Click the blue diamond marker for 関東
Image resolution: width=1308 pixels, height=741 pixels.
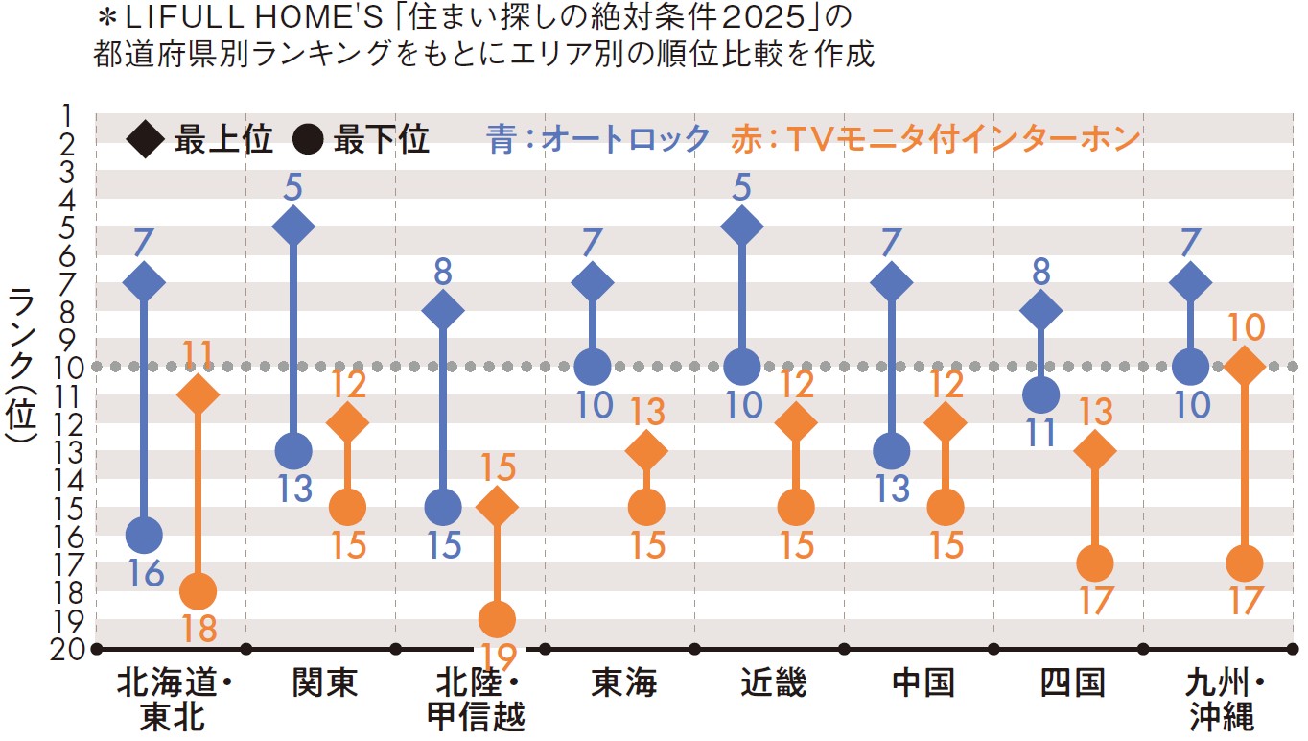(x=293, y=227)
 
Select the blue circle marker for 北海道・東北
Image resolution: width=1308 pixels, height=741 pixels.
(x=144, y=535)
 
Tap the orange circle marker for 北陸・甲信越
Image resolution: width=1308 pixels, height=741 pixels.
(x=497, y=619)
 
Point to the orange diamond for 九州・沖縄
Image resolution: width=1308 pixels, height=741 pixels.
(x=1245, y=366)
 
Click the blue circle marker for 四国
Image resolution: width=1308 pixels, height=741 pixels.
(x=1040, y=394)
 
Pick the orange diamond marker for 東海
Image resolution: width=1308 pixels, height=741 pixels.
(x=646, y=450)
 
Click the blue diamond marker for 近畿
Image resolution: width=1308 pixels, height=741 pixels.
(x=742, y=227)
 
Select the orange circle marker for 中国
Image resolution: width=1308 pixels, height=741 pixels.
(x=946, y=507)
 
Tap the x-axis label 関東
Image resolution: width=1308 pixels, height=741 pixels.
(x=324, y=683)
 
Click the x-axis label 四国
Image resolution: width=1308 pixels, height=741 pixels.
(x=1072, y=683)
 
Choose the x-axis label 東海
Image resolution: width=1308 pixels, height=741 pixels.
(x=623, y=683)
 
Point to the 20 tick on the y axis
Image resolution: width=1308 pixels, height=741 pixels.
(x=73, y=648)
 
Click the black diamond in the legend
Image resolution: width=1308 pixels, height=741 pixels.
(x=147, y=141)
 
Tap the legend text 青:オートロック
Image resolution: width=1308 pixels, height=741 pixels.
(x=598, y=139)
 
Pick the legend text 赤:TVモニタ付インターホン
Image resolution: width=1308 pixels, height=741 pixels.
(x=935, y=139)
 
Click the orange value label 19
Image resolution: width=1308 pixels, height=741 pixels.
(x=497, y=658)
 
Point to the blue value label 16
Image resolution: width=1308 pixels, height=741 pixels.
(x=145, y=574)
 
